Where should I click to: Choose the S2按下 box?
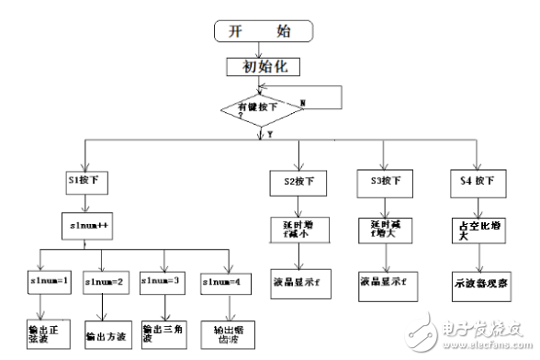(295, 182)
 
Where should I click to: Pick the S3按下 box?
(380, 182)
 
